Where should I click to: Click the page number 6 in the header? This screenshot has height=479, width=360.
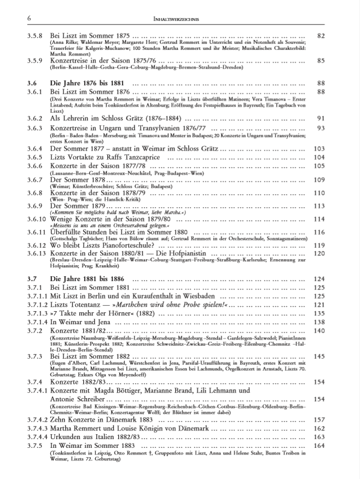click(28, 19)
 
